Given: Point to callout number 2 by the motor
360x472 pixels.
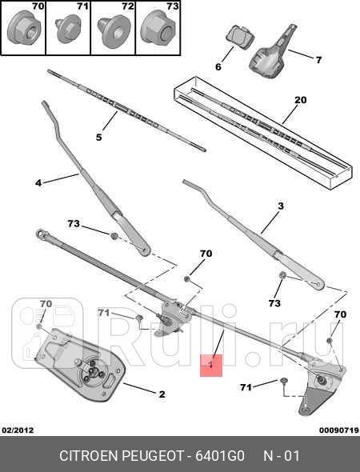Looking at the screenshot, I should point(161,394).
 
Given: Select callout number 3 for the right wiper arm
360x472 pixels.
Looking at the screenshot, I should point(281,206).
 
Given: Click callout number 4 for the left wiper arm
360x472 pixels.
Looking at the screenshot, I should point(38,183).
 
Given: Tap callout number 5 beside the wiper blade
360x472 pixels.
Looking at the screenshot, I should point(98,138).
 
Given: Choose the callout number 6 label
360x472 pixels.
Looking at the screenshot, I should point(218,67).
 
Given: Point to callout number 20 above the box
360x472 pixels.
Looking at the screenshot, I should point(300,100).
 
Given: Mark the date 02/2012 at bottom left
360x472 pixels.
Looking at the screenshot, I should point(18,430).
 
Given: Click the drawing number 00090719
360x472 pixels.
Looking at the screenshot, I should point(338,430).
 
